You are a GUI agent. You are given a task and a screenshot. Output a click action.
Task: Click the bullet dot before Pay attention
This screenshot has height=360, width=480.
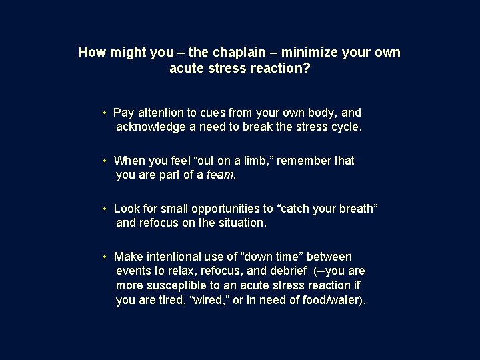click(x=105, y=113)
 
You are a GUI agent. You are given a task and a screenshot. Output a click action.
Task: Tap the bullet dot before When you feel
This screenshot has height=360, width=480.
click(x=105, y=161)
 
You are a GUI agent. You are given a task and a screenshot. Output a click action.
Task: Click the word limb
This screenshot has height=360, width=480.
click(x=256, y=161)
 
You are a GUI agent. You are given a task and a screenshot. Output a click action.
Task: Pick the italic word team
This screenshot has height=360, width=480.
click(x=219, y=175)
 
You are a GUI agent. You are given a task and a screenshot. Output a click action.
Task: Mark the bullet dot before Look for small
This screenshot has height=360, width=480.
click(x=105, y=209)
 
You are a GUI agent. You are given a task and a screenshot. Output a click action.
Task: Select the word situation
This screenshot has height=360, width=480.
click(x=242, y=223)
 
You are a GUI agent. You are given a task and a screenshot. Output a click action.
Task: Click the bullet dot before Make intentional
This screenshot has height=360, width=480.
click(x=105, y=257)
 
